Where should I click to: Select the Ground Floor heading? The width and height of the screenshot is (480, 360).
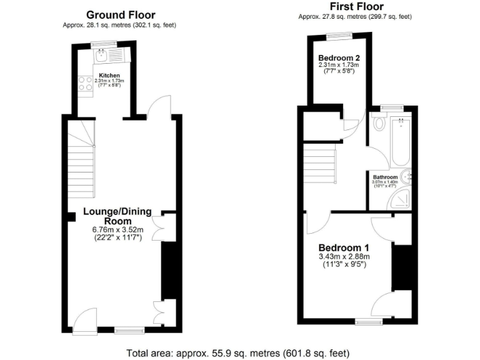(121, 14)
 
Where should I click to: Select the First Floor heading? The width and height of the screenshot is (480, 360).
(356, 7)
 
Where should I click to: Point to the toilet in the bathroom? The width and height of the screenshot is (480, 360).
(379, 123)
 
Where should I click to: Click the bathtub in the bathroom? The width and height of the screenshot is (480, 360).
(400, 141)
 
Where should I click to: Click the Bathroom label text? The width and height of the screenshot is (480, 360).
(386, 177)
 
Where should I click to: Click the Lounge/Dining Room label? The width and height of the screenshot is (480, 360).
(118, 216)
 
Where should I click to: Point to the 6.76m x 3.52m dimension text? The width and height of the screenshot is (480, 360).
(117, 229)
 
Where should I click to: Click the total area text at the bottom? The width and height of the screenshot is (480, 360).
(238, 352)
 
